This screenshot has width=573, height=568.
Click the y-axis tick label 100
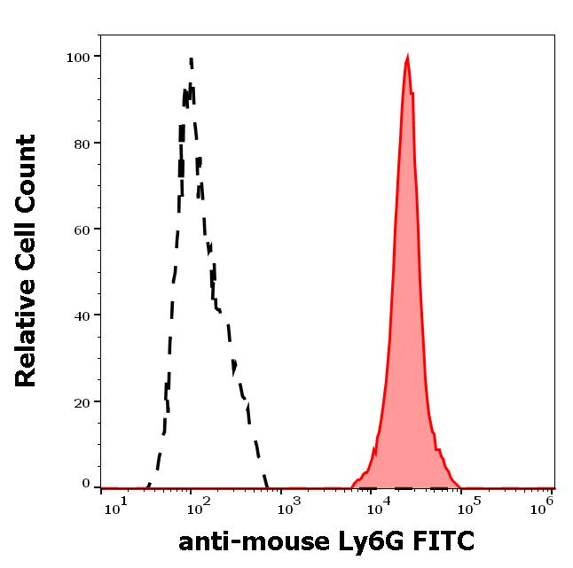click(79, 57)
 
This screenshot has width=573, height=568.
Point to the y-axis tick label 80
click(82, 143)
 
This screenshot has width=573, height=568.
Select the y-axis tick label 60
click(82, 229)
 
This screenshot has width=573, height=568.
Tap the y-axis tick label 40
click(82, 315)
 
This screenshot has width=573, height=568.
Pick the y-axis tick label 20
click(82, 401)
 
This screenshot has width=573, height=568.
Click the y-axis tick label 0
click(86, 484)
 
